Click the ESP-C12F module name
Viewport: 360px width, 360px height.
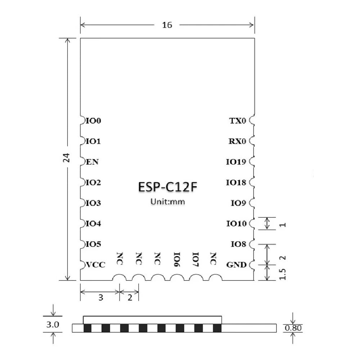click(x=167, y=188)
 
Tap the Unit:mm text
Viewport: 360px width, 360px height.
click(x=167, y=202)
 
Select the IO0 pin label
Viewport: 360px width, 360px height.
click(x=94, y=121)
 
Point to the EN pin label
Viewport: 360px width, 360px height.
click(x=93, y=162)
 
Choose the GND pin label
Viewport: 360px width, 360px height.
click(x=236, y=265)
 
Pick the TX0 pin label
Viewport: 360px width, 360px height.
click(x=238, y=121)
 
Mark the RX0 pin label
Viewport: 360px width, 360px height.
click(x=237, y=141)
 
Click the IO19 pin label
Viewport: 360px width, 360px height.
click(x=236, y=162)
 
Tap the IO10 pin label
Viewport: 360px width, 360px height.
click(x=236, y=224)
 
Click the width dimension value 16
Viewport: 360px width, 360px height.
click(x=167, y=25)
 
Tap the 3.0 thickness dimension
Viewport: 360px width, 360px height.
click(x=53, y=324)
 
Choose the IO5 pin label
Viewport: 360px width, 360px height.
click(x=94, y=244)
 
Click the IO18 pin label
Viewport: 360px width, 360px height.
click(x=236, y=183)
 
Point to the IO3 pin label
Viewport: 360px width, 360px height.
click(x=94, y=203)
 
